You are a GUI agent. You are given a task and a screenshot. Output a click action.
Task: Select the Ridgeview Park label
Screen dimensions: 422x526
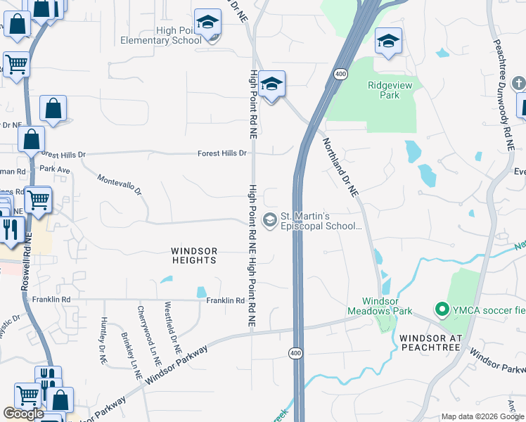pos(393,90)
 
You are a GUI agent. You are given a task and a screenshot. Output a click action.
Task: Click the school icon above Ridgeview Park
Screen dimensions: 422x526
pos(387,42)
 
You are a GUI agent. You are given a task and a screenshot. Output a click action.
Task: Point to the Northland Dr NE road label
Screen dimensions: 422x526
pos(340,166)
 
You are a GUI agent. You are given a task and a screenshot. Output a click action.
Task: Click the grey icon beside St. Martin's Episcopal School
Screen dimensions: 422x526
pos(269,220)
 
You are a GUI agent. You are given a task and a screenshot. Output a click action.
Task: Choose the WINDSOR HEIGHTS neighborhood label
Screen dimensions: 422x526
pos(194,255)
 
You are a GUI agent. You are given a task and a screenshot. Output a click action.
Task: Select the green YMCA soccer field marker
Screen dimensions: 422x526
pos(442,308)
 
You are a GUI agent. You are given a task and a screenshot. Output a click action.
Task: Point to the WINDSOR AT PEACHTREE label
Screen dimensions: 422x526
pos(430,343)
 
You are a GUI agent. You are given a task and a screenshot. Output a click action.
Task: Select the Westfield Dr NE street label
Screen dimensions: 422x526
pos(173,328)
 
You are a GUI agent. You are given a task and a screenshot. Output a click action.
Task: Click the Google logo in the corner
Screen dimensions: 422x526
pos(23,414)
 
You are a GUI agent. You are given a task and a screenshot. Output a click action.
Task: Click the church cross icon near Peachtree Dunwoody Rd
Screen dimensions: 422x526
pos(518,82)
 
